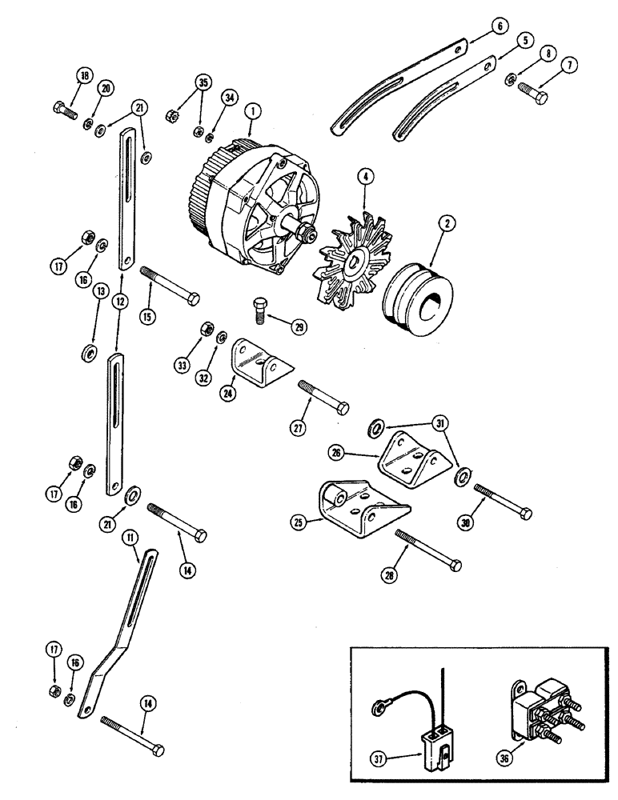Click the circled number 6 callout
[x=499, y=26]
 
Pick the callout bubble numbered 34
[x=230, y=98]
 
